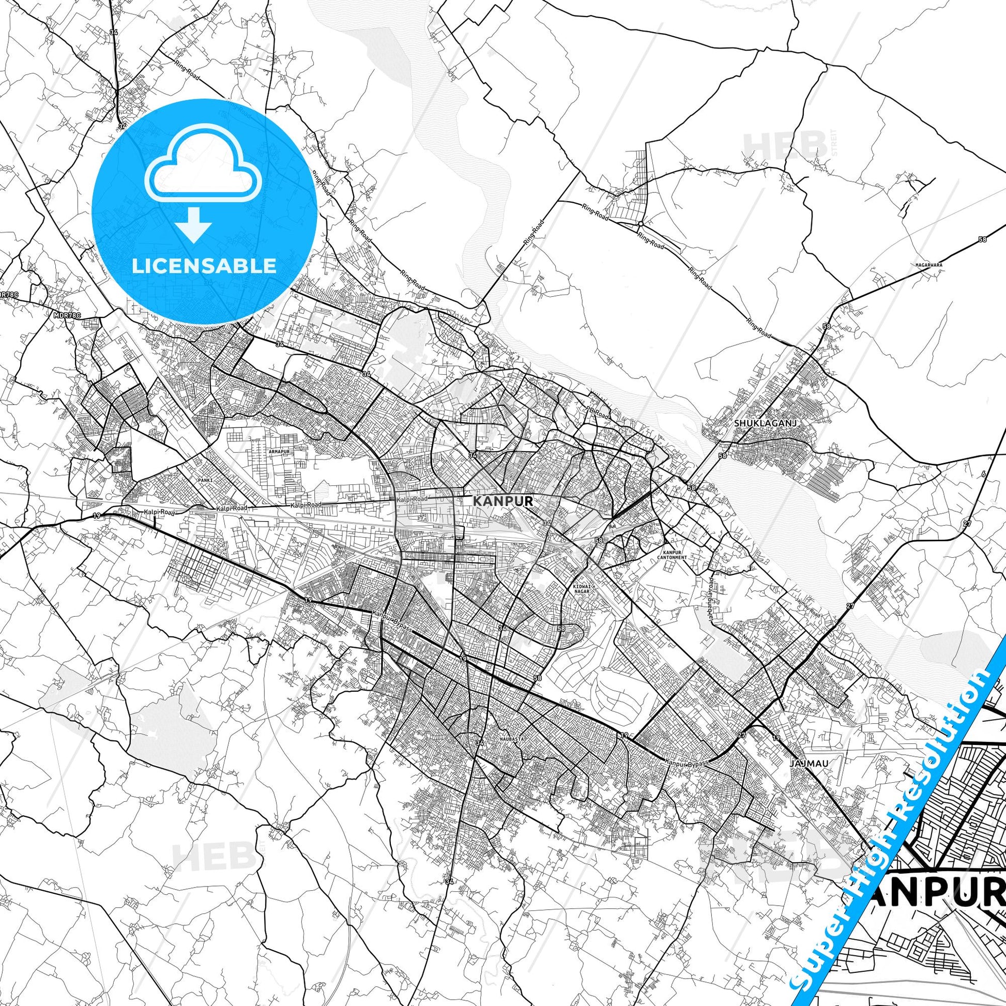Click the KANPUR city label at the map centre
click(502, 501)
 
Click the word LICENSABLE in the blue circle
click(204, 266)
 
